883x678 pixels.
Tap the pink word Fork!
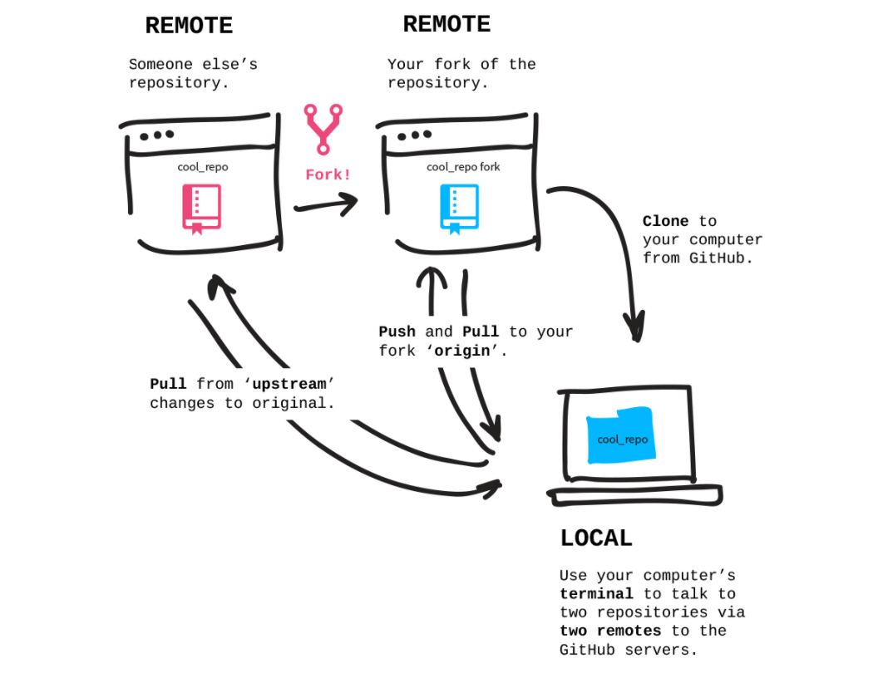pyautogui.click(x=328, y=174)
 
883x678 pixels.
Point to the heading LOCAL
pyautogui.click(x=596, y=538)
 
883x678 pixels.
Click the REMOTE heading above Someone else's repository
pyautogui.click(x=190, y=26)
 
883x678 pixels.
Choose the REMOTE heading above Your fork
pyautogui.click(x=446, y=24)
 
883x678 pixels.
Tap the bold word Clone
pyautogui.click(x=665, y=221)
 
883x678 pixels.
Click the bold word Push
pyautogui.click(x=397, y=332)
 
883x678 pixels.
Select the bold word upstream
pyautogui.click(x=289, y=384)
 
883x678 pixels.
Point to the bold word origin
pyautogui.click(x=461, y=351)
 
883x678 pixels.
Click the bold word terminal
pyautogui.click(x=596, y=593)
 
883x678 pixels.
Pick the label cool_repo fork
pyautogui.click(x=463, y=167)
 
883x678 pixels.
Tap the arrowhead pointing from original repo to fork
pyautogui.click(x=349, y=204)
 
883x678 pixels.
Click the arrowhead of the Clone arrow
pyautogui.click(x=635, y=327)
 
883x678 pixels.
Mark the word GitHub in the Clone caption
pyautogui.click(x=717, y=258)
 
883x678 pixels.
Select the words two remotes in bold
pyautogui.click(x=610, y=631)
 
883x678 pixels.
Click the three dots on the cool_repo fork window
pyautogui.click(x=414, y=135)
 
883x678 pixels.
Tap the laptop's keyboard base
pyautogui.click(x=635, y=495)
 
